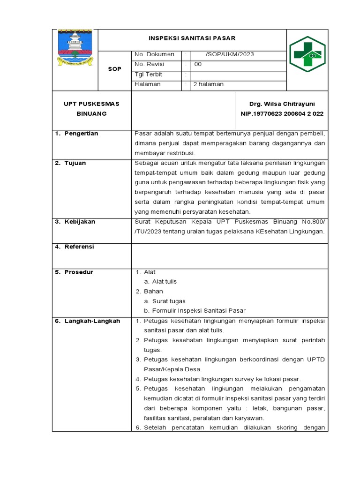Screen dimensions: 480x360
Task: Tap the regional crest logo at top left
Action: pyautogui.click(x=75, y=47)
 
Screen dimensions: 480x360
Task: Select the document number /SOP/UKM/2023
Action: pyautogui.click(x=229, y=54)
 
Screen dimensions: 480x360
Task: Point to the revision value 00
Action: pyautogui.click(x=198, y=64)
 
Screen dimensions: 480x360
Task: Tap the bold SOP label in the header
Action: pyautogui.click(x=114, y=69)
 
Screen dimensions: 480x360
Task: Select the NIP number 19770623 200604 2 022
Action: pyautogui.click(x=282, y=113)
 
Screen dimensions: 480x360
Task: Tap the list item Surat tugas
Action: pyautogui.click(x=169, y=301)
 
